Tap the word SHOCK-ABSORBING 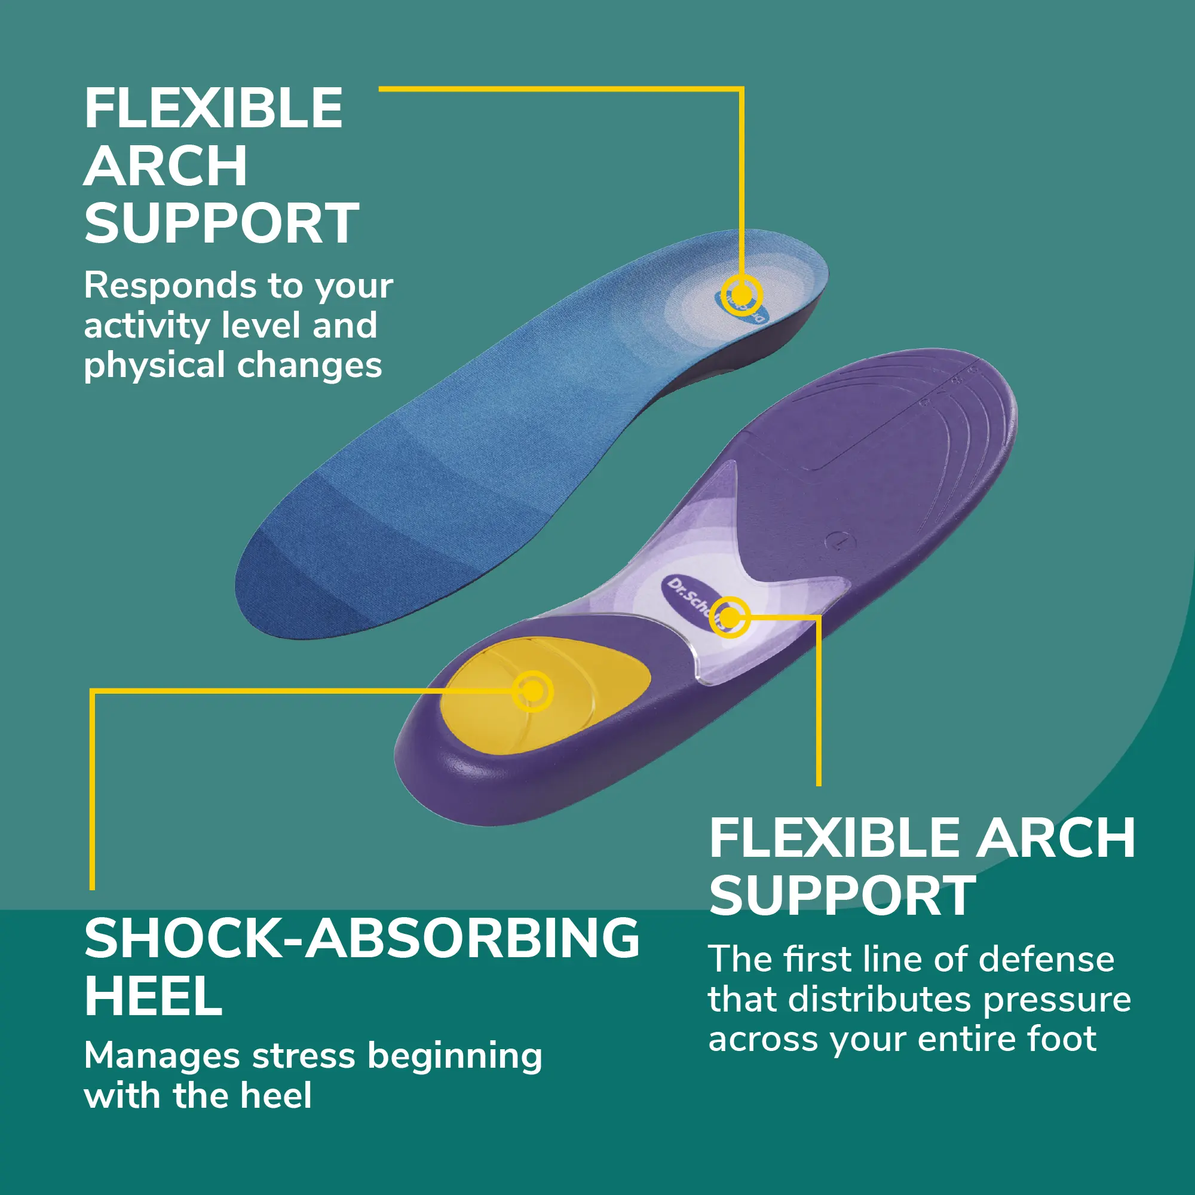point(363,938)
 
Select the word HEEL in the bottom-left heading point(154,997)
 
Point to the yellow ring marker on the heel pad point(532,691)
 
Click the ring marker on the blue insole point(741,295)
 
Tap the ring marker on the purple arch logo point(730,616)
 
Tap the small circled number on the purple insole point(839,542)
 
